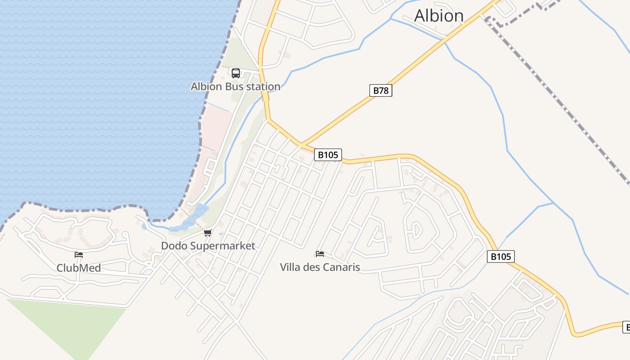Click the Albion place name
pos(439,16)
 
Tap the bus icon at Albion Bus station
pos(235,73)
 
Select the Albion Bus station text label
pos(235,86)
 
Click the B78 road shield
pos(381,90)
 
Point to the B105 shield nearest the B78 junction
pos(328,155)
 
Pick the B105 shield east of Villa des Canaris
pos(500,256)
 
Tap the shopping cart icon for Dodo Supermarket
pos(207,233)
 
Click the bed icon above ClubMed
pos(79,255)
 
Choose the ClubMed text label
pos(78,268)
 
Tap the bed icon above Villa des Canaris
pos(320,254)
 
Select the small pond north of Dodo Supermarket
pos(200,210)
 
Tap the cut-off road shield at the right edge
pos(626,327)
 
